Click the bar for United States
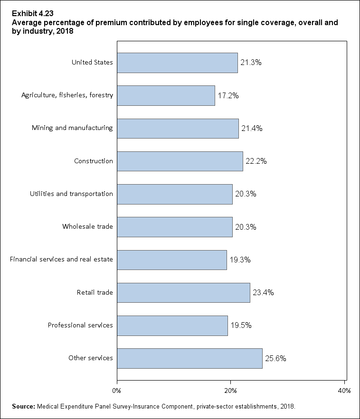(177, 63)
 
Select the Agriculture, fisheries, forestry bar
(166, 95)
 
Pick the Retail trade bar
(183, 292)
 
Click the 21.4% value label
(252, 128)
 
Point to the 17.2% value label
(228, 95)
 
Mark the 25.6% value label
(275, 358)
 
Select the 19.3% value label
(240, 260)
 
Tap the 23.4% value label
(263, 292)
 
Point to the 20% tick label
(230, 391)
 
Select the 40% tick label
(344, 391)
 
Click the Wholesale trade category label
(87, 226)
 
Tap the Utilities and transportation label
(71, 194)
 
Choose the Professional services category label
(80, 325)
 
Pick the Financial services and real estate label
(61, 260)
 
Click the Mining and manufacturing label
(72, 128)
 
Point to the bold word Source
(24, 407)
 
